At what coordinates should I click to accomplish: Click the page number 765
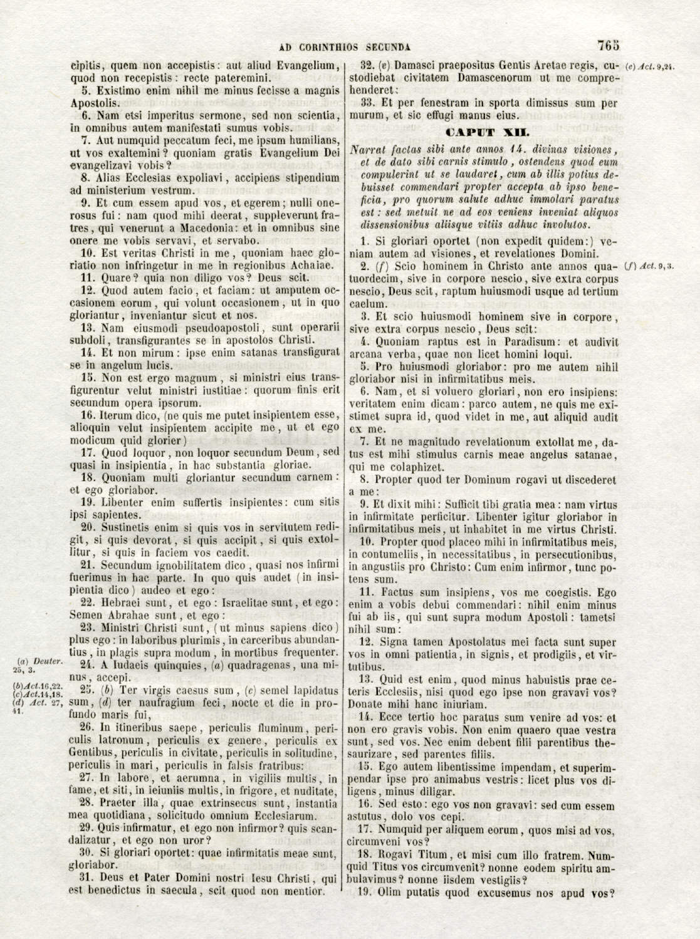click(x=609, y=46)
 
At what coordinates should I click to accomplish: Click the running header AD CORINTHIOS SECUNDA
click(x=345, y=46)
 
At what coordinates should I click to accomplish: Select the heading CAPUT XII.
click(x=487, y=132)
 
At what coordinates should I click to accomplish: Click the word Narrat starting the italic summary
click(x=365, y=150)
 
